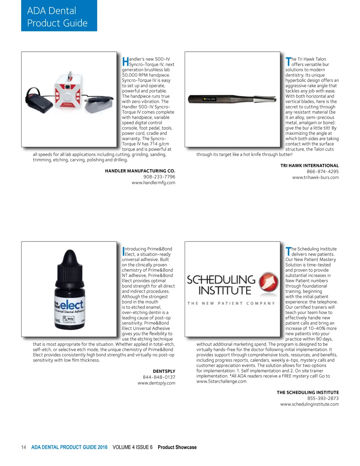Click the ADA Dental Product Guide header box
tap(59, 16)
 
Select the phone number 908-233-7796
tap(159, 177)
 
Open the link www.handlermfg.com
tap(153, 183)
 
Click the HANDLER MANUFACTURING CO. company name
tap(140, 171)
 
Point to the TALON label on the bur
tap(210, 99)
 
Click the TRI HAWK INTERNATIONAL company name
tap(309, 166)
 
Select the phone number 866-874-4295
tap(322, 172)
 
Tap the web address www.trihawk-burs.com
tap(315, 178)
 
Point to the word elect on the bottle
tap(72, 304)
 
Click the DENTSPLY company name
tap(164, 371)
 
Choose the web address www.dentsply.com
tap(156, 383)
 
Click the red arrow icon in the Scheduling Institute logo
tap(269, 282)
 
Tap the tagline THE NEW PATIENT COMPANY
tap(231, 303)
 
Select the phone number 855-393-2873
tap(323, 398)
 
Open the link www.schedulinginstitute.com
tap(309, 404)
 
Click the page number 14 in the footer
tap(24, 447)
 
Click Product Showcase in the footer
tap(177, 447)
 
